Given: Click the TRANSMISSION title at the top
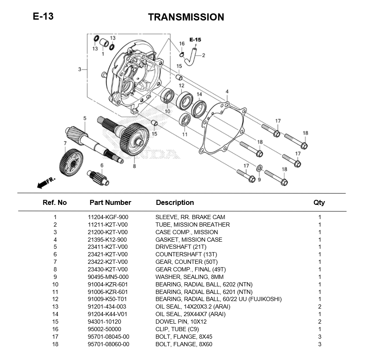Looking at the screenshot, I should click(x=186, y=17).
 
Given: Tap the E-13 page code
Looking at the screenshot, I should click(x=43, y=17).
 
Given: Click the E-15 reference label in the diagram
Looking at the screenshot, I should click(x=195, y=40).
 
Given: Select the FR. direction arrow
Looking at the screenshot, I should click(x=46, y=182).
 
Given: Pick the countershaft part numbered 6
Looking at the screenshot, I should click(x=99, y=178).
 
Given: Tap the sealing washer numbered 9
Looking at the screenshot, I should click(x=259, y=168).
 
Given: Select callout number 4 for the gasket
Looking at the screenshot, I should click(x=227, y=92).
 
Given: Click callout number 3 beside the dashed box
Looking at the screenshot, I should click(x=79, y=69).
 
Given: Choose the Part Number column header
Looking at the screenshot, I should click(x=110, y=202).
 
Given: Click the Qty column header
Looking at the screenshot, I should click(x=319, y=202).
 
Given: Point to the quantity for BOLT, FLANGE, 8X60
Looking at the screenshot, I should click(x=320, y=344).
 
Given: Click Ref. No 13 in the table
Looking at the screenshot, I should click(x=55, y=306).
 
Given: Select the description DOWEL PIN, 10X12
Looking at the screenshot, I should click(x=181, y=322).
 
